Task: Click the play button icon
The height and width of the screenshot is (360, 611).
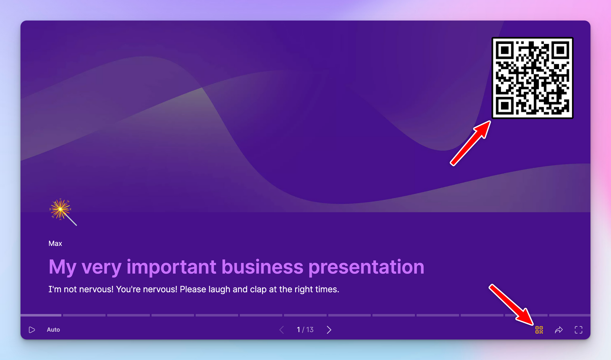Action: tap(32, 330)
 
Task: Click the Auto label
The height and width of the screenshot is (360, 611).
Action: tap(53, 330)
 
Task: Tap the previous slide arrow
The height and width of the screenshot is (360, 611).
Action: tap(281, 330)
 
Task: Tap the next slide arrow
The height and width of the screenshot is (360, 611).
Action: tap(329, 330)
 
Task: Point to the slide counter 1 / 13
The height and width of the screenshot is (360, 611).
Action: tap(305, 330)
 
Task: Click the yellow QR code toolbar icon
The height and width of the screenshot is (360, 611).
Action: tap(539, 330)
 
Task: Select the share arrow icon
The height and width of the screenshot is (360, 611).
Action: tap(559, 330)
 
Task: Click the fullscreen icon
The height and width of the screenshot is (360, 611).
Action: tap(579, 330)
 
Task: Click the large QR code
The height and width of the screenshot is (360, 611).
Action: tap(532, 78)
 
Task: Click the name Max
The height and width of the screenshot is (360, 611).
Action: tap(55, 244)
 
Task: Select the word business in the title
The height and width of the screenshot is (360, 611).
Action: tap(262, 267)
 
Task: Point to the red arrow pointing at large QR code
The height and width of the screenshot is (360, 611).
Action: tap(470, 143)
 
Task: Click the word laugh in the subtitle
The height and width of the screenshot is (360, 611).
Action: tap(219, 289)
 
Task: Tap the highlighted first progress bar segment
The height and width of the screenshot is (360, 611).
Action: tap(41, 315)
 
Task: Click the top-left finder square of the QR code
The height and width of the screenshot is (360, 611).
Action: tap(505, 50)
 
